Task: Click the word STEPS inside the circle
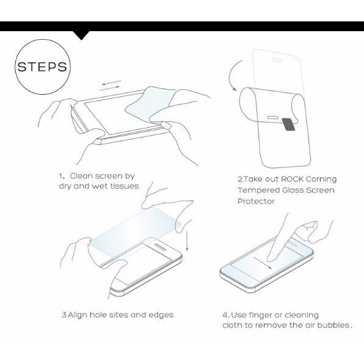[42, 67]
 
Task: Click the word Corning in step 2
[321, 180]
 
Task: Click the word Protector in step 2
[256, 200]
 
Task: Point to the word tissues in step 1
[123, 186]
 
